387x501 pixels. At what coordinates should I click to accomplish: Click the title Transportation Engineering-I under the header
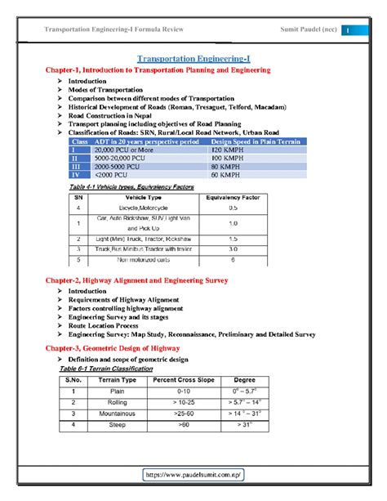pyautogui.click(x=193, y=59)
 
